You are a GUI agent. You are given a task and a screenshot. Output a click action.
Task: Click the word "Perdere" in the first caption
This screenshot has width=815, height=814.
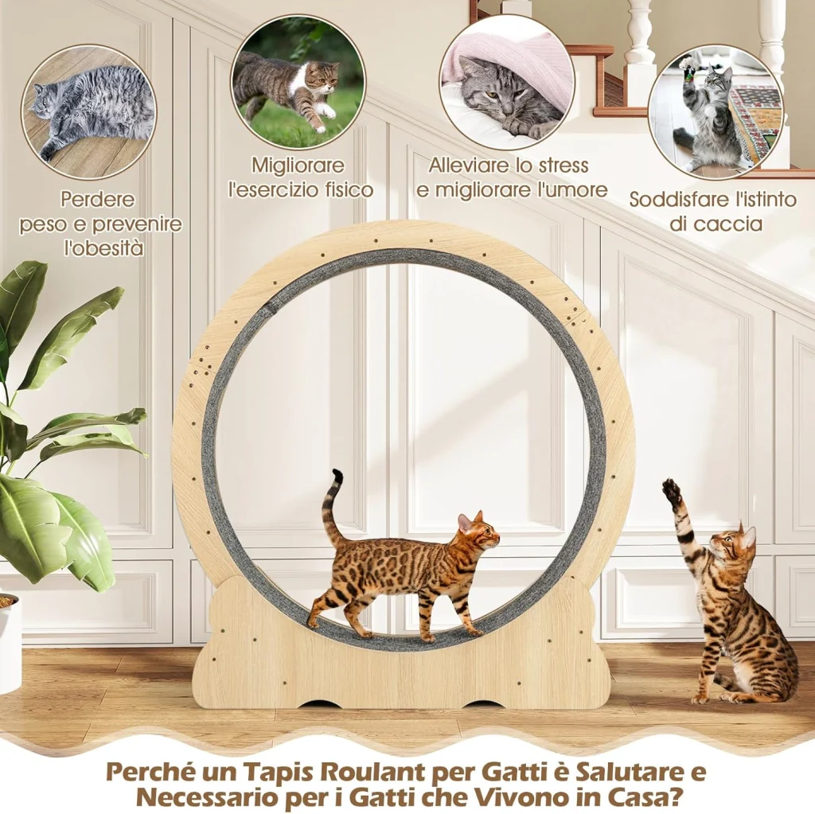click(97, 199)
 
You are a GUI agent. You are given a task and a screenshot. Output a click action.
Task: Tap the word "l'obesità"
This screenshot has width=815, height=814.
click(103, 248)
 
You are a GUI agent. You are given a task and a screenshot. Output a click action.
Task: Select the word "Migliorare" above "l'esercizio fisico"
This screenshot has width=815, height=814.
click(298, 166)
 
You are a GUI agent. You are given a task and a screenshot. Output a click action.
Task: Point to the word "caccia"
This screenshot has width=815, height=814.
click(738, 224)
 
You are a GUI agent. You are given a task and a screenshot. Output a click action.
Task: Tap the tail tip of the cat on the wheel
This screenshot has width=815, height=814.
click(337, 473)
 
